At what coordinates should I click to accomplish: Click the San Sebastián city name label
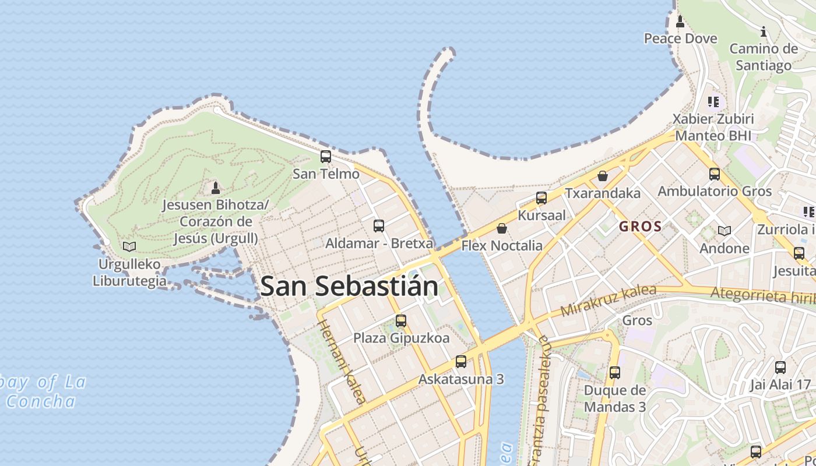(349, 286)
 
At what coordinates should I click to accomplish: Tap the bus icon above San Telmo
(326, 157)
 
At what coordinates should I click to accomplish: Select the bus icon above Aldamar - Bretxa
(379, 226)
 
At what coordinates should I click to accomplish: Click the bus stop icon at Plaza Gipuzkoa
(401, 320)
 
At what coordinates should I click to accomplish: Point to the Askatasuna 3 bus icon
(461, 362)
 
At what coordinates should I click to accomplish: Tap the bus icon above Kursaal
(541, 198)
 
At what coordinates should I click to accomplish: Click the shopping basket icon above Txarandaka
(603, 175)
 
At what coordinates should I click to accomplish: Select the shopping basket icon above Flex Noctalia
(502, 228)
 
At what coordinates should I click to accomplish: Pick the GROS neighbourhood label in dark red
(640, 227)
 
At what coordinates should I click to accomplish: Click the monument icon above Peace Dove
(680, 22)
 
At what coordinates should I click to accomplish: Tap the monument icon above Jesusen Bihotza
(216, 188)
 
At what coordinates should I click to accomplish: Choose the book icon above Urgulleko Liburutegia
(129, 246)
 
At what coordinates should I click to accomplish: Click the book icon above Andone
(724, 231)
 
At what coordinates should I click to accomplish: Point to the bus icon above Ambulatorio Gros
(715, 174)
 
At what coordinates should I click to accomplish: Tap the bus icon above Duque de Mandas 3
(615, 373)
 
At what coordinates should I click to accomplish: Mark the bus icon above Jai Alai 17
(780, 368)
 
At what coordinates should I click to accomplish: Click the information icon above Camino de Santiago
(764, 31)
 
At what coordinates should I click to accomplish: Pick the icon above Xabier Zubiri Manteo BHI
(713, 102)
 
